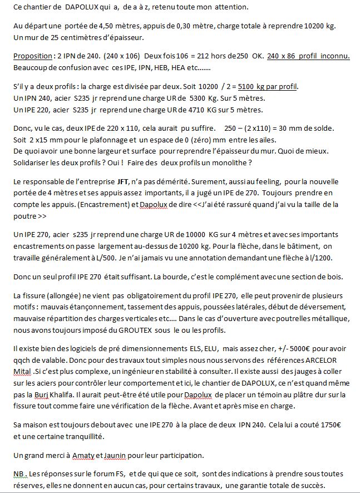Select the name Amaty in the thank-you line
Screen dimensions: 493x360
click(84, 455)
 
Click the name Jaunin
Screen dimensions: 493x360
click(115, 455)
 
